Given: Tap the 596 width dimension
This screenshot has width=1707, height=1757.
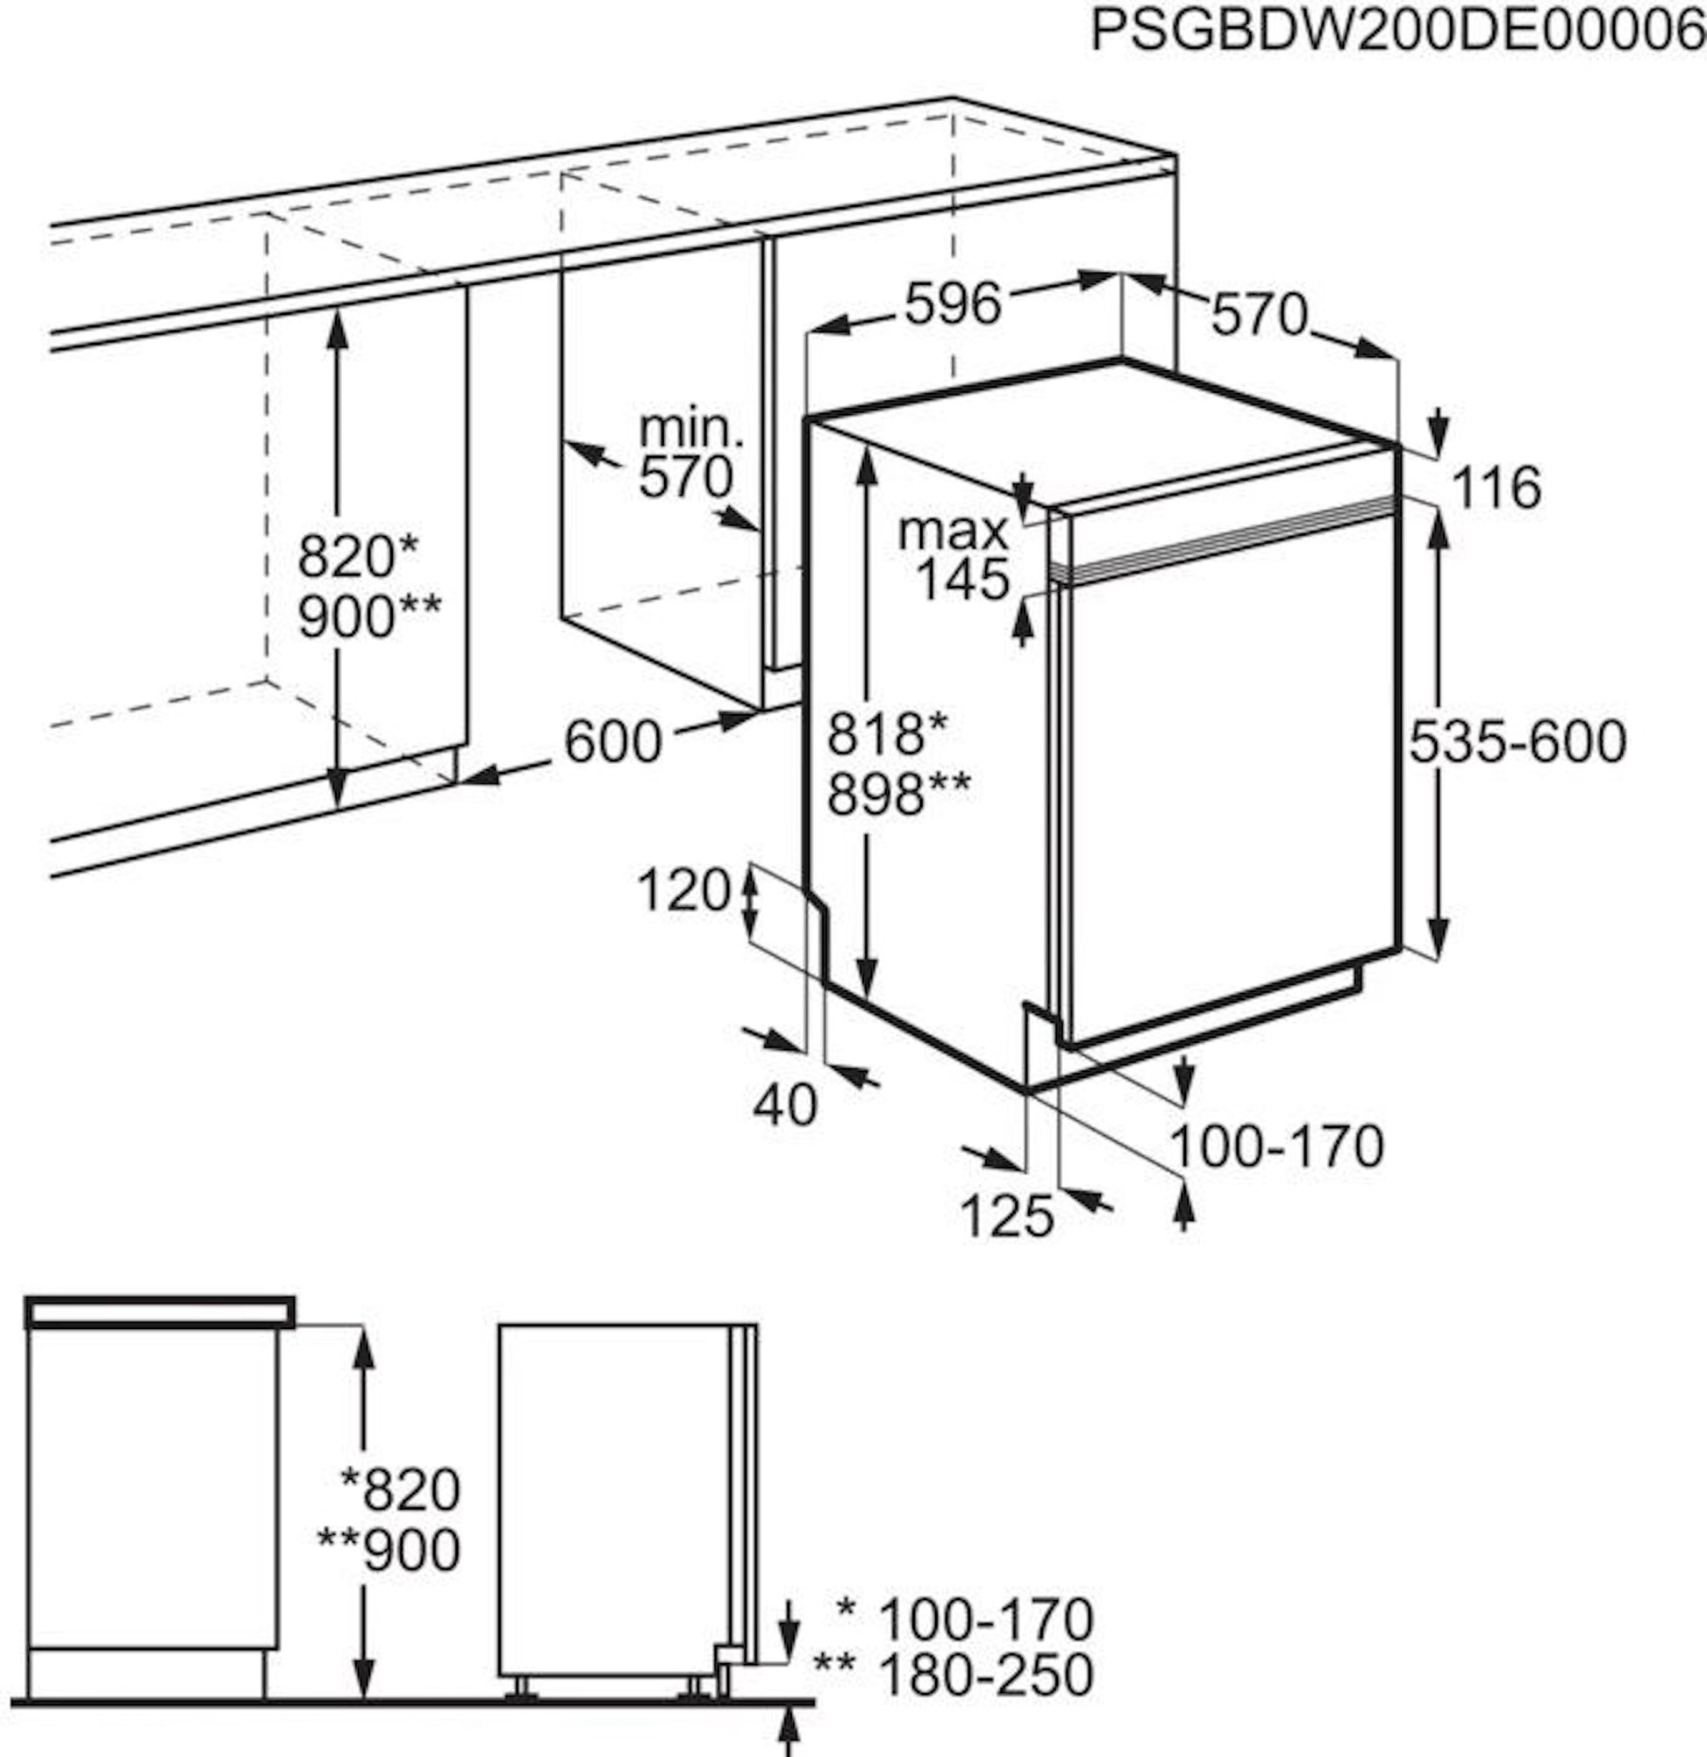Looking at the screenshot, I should click(x=952, y=304).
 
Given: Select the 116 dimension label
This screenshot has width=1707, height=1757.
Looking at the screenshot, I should click(x=1496, y=489).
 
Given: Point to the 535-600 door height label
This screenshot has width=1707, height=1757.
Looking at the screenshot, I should click(x=1517, y=741).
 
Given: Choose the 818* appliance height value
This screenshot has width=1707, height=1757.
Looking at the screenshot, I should click(x=887, y=732).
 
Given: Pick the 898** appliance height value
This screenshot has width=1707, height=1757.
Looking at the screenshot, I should click(x=897, y=793).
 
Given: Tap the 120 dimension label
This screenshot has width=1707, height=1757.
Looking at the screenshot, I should click(x=683, y=890).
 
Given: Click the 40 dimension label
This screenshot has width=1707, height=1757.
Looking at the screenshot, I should click(x=784, y=1104).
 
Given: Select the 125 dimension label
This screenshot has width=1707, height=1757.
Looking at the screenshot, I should click(x=1007, y=1217).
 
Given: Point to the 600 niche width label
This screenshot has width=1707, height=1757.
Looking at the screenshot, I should click(x=613, y=741).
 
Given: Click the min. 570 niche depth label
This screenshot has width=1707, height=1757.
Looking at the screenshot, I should click(x=689, y=454).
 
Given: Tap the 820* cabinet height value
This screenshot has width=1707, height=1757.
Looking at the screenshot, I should click(x=358, y=555).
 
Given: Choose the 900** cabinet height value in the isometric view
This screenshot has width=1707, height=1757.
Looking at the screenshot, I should click(x=368, y=617).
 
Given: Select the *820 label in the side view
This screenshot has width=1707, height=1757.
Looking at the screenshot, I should click(x=400, y=1489).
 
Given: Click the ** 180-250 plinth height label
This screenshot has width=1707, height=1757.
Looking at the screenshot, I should click(x=953, y=1674).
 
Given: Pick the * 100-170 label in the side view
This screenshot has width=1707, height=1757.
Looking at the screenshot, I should click(x=965, y=1618).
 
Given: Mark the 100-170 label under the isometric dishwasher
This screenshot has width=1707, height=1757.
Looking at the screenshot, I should click(x=1276, y=1146).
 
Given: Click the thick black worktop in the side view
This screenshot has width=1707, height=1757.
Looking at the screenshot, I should click(x=160, y=1311).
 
